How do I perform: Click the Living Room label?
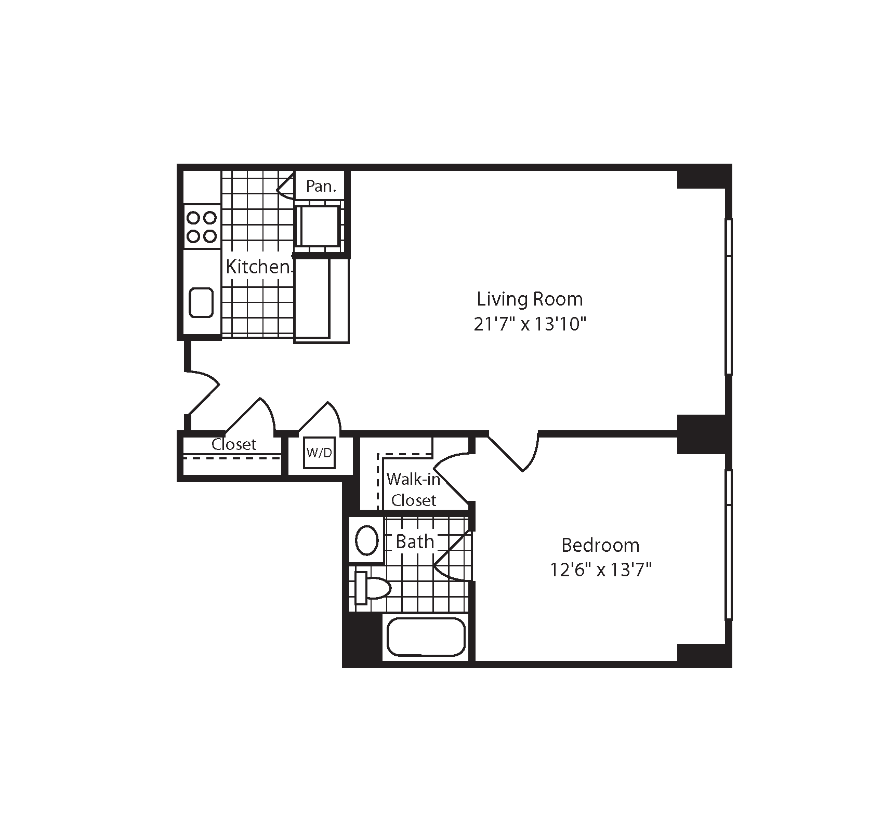click(530, 299)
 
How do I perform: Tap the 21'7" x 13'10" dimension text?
click(530, 324)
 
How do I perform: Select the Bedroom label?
click(600, 545)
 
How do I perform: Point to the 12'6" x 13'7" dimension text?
click(600, 571)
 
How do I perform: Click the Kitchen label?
click(258, 267)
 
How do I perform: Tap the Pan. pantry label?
click(321, 186)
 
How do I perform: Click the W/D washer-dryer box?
click(319, 453)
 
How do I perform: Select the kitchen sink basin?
click(201, 302)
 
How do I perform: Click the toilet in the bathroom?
click(372, 588)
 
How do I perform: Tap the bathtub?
click(426, 637)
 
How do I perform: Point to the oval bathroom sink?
click(367, 540)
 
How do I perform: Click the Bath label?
click(414, 541)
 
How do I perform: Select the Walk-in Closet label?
click(413, 489)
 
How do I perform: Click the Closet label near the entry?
click(234, 444)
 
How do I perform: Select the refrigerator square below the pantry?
click(318, 226)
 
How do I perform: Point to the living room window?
click(729, 296)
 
